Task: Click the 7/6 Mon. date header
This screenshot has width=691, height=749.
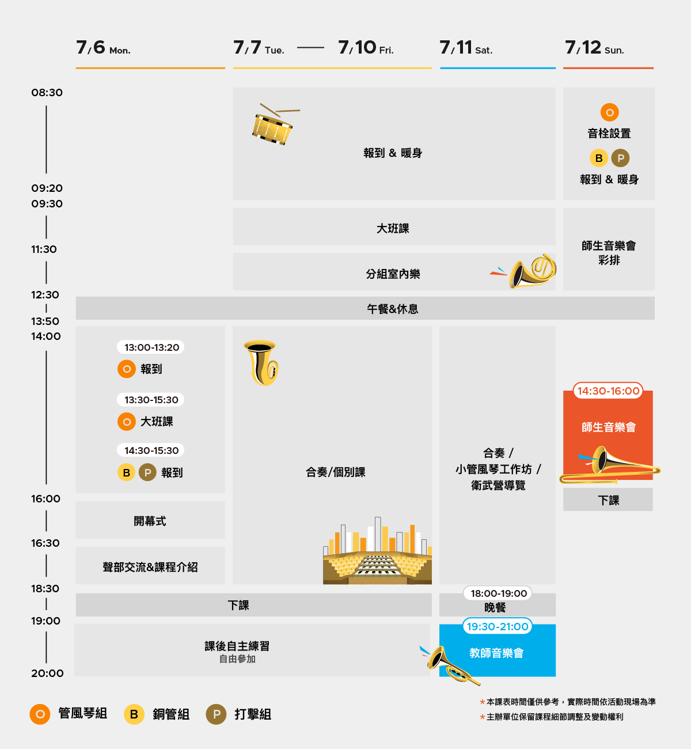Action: [104, 48]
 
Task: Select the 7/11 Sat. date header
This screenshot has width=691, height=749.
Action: [466, 48]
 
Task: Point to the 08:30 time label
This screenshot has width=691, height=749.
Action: [47, 93]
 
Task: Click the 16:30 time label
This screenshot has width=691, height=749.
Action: [45, 543]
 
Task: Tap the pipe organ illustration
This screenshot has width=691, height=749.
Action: [377, 553]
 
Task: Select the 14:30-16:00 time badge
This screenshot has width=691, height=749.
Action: [608, 391]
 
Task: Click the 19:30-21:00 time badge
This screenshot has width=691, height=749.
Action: [498, 626]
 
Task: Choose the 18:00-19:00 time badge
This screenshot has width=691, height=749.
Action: [499, 593]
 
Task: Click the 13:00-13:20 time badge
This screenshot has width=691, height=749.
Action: [151, 347]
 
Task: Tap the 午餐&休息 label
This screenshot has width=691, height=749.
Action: [393, 309]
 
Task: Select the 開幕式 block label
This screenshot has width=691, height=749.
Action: [150, 521]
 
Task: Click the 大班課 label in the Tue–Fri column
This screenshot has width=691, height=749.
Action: [393, 228]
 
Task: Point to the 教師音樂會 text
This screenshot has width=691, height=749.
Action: [496, 653]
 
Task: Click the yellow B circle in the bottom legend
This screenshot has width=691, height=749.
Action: [134, 714]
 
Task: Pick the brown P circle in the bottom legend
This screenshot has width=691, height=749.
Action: [216, 714]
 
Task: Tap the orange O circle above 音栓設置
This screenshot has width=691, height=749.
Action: [609, 112]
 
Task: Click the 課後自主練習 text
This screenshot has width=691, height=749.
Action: [237, 646]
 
